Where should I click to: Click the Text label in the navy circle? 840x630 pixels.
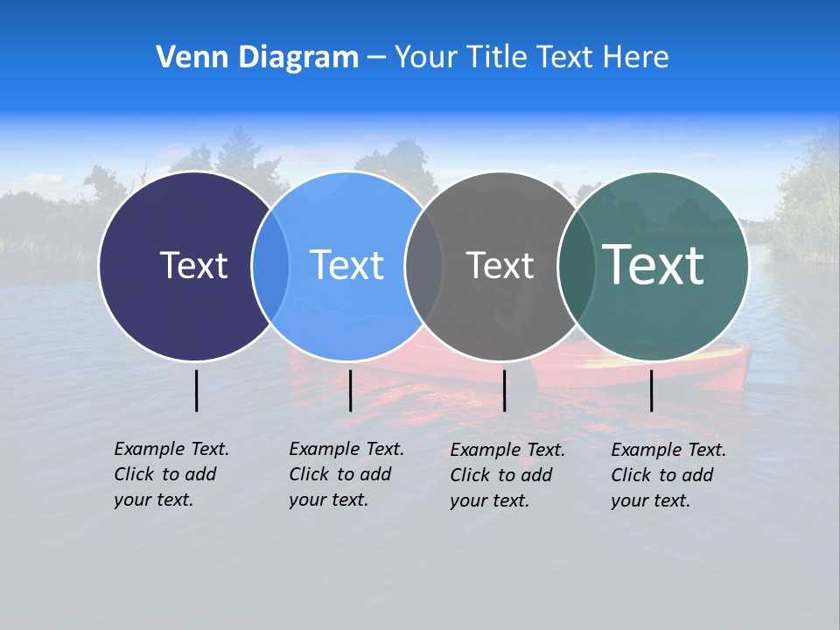coord(193,265)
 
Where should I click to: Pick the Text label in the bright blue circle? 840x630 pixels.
coord(346,265)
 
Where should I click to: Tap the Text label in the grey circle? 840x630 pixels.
coord(500,265)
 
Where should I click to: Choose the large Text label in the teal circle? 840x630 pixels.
coord(653,264)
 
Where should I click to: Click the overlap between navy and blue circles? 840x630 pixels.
coord(270,266)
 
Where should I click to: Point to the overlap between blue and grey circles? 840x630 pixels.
coord(423,266)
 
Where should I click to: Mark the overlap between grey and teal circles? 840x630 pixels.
coord(575,266)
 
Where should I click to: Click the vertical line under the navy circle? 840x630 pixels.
coord(196,390)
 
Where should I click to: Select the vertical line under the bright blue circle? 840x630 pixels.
coord(350,390)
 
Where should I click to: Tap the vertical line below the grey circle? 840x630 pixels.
coord(504,390)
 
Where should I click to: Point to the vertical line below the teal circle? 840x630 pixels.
coord(651,390)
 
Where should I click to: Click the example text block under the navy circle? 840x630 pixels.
coord(171,474)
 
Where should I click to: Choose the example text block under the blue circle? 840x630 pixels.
coord(346,474)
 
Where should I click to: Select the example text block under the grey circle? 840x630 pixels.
coord(507,475)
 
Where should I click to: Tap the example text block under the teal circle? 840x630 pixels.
coord(668,475)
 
